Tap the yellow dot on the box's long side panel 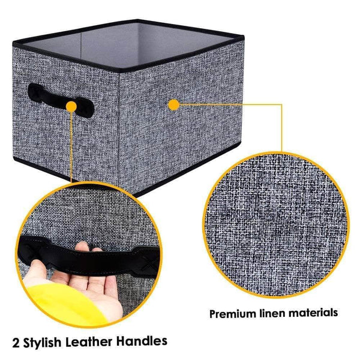[x=175, y=105]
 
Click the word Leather [x=100, y=342]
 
